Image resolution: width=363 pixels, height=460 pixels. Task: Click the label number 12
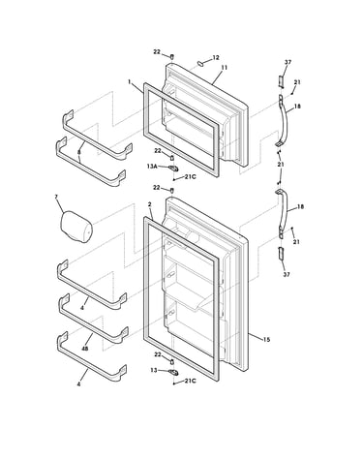tap(216, 58)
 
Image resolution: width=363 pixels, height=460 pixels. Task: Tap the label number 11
tap(224, 68)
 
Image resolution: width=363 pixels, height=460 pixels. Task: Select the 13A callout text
tap(152, 167)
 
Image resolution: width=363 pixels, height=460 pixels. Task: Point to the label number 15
tap(266, 339)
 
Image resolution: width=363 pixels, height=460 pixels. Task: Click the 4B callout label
tap(84, 349)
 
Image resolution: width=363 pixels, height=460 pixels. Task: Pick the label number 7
tap(56, 197)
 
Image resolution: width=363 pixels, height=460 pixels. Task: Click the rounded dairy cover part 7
tap(76, 226)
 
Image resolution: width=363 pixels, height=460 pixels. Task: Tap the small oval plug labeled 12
tap(200, 63)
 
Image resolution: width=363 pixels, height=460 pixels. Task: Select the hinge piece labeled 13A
tap(173, 168)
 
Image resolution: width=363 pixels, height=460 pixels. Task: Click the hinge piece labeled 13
tap(173, 372)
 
